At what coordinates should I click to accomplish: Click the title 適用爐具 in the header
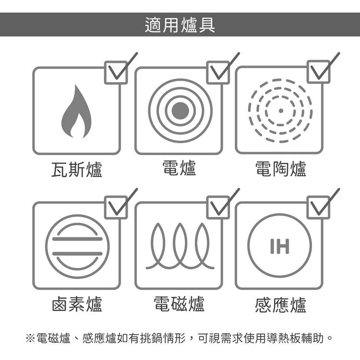pos(180,25)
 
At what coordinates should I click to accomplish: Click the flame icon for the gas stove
pos(76,112)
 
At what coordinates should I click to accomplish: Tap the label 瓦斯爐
pos(77,169)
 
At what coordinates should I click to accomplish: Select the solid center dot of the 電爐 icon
pos(180,111)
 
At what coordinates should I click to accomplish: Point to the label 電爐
pos(179,168)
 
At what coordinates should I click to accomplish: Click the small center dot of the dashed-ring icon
pos(281,111)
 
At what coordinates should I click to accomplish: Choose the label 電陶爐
pos(281,169)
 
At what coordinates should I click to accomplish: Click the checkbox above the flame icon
pos(116,72)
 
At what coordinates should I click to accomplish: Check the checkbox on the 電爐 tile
pos(218,72)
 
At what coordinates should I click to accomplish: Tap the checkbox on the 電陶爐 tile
pos(318,72)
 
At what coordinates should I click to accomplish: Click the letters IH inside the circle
pos(280,246)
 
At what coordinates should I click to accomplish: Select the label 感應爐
pos(281,305)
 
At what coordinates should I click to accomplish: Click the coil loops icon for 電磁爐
pos(180,246)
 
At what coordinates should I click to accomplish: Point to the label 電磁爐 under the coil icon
pos(179,304)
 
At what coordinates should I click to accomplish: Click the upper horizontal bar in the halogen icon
pos(77,239)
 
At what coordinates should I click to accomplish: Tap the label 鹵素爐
pos(77,304)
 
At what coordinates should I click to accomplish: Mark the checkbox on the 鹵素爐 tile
pos(116,207)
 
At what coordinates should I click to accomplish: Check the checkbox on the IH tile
pos(318,207)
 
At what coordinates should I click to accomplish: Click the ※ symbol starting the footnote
pos(30,338)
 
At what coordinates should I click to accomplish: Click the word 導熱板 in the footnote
pos(284,338)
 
